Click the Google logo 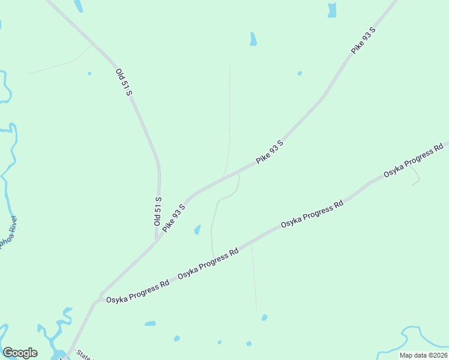tap(20, 353)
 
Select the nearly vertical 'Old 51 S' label tap(157, 211)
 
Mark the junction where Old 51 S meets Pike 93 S tap(157, 238)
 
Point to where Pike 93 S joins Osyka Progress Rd tap(96, 301)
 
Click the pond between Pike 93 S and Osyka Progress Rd tap(197, 230)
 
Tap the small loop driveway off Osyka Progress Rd tap(415, 175)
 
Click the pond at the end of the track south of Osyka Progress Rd tap(264, 317)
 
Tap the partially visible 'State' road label tap(83, 357)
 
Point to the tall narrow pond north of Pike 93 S tap(253, 39)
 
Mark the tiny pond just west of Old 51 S tap(89, 74)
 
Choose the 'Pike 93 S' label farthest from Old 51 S tap(363, 41)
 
